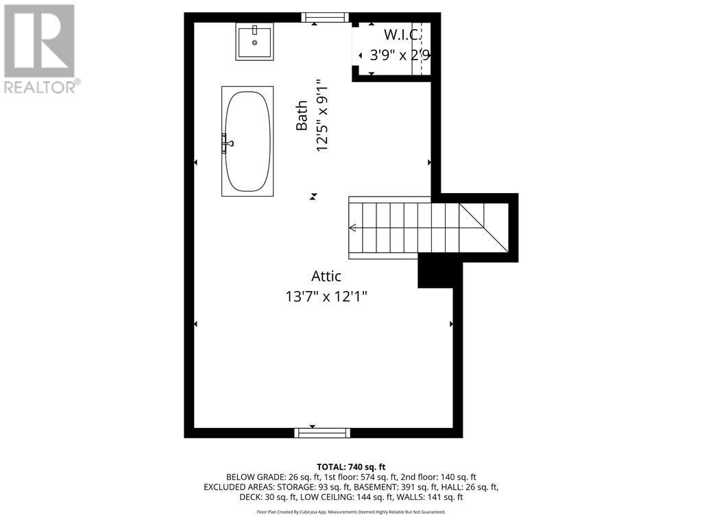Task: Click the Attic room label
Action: tap(326, 276)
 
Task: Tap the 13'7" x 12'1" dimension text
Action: tap(326, 297)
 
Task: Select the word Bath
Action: tap(302, 116)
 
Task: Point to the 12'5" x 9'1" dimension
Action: tap(324, 116)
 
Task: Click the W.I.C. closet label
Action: tap(402, 35)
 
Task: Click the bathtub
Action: tap(247, 142)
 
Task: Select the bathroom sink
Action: tap(254, 42)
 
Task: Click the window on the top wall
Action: tap(325, 17)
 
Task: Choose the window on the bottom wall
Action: tap(322, 433)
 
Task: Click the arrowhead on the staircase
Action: tap(353, 227)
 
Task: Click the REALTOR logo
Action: tap(40, 49)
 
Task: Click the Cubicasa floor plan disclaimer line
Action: tap(350, 512)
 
